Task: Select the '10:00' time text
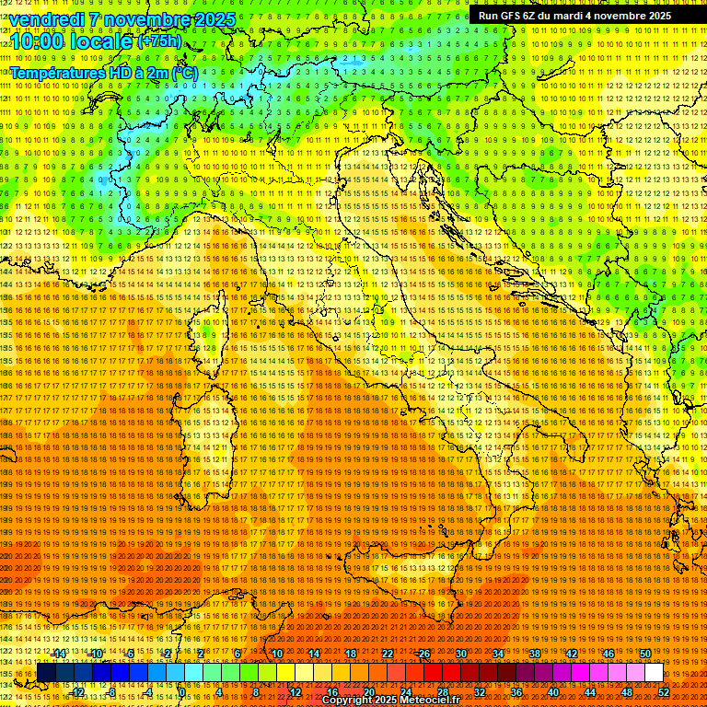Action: click(37, 42)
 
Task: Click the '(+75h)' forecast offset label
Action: click(159, 41)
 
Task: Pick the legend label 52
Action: click(664, 691)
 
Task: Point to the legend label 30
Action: click(461, 654)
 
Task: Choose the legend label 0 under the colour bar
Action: click(182, 691)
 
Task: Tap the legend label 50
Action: click(645, 654)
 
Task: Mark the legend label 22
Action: click(388, 654)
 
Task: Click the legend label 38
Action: click(535, 654)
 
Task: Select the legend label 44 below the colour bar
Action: click(590, 691)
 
